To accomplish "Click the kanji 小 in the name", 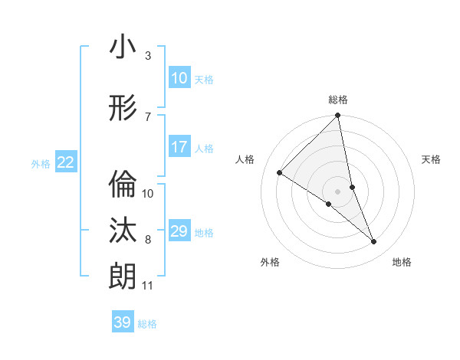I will click(123, 47).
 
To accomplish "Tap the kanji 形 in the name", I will click(123, 109).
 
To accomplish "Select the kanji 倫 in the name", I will click(123, 183).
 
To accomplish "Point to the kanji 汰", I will click(123, 231).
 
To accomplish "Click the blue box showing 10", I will click(179, 78).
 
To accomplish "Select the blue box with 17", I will click(179, 147).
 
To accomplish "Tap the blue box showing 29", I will click(179, 231).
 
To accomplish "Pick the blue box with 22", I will click(65, 162).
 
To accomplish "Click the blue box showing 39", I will click(122, 322).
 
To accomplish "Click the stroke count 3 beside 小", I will click(148, 56).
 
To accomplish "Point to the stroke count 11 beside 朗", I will click(147, 286).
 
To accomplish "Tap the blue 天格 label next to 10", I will click(204, 79).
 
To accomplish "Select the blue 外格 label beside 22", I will click(41, 163).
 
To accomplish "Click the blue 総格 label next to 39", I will click(147, 324).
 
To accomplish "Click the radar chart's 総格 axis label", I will click(338, 100).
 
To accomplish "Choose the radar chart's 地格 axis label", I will click(402, 262).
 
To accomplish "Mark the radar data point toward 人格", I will click(280, 172).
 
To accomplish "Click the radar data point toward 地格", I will click(374, 242).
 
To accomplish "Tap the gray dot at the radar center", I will click(338, 191).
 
